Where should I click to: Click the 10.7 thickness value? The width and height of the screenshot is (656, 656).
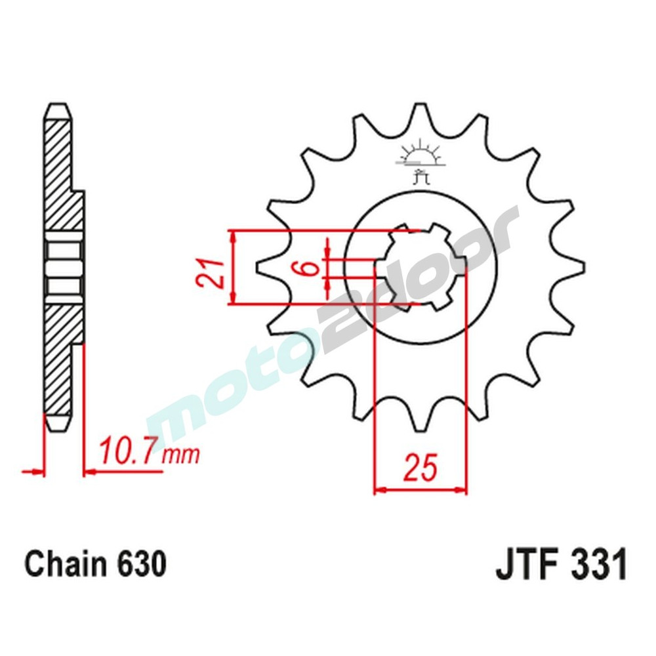128,452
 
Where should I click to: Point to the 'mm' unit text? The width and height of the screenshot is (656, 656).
180,454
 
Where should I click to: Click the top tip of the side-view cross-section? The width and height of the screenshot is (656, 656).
57,108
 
